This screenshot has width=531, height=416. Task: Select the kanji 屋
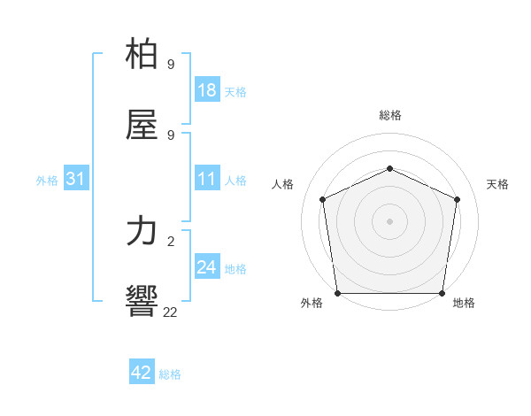[x=142, y=126]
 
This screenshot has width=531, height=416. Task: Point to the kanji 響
[x=142, y=301]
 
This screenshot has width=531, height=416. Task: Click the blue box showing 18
[x=207, y=90]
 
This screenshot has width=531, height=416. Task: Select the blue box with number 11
[x=207, y=180]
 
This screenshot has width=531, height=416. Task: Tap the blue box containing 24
[x=207, y=268]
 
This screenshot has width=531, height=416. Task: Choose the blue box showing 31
[x=76, y=180]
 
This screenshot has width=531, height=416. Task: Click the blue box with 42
[x=142, y=373]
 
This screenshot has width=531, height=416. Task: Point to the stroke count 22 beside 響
[x=170, y=312]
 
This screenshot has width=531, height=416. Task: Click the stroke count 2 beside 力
[x=170, y=241]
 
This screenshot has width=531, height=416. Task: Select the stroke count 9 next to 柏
[x=170, y=65]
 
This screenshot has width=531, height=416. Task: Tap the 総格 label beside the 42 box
[x=170, y=374]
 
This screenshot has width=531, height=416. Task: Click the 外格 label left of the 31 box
[x=47, y=181]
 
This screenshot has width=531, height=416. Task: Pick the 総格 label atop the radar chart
[x=389, y=115]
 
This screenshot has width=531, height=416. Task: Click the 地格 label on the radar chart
[x=464, y=304]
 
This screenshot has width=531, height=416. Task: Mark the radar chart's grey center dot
[x=389, y=221]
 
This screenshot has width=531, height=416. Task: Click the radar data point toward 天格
[x=458, y=199]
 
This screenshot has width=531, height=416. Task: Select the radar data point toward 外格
[x=337, y=293]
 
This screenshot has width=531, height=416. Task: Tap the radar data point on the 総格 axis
[x=389, y=167]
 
